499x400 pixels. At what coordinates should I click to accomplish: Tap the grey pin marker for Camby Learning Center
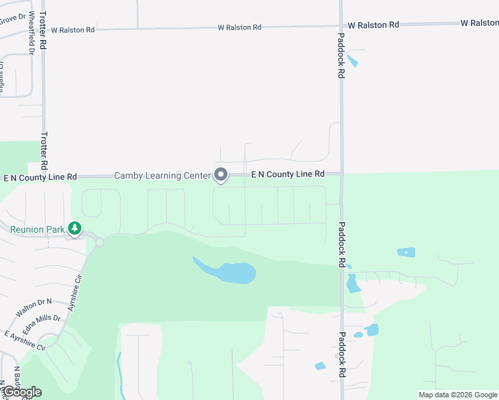221,175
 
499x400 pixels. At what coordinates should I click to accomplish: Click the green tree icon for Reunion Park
75,229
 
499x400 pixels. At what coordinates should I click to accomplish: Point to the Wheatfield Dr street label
31,41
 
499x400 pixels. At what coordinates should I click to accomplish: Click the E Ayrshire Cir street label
24,340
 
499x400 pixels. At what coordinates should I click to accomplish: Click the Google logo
21,392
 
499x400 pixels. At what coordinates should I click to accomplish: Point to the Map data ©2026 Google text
458,395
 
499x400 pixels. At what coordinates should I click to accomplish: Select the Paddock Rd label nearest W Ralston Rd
341,57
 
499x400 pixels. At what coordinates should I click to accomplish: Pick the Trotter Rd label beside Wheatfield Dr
43,41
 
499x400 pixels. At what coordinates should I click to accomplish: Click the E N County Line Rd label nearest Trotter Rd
40,177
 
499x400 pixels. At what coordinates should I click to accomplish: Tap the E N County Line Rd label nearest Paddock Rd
288,174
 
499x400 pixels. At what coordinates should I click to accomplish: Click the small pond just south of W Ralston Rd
352,61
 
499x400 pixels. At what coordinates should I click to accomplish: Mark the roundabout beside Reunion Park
99,243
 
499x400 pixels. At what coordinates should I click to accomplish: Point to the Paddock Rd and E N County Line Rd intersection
341,173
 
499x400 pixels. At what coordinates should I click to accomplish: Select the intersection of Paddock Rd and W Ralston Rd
341,25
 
